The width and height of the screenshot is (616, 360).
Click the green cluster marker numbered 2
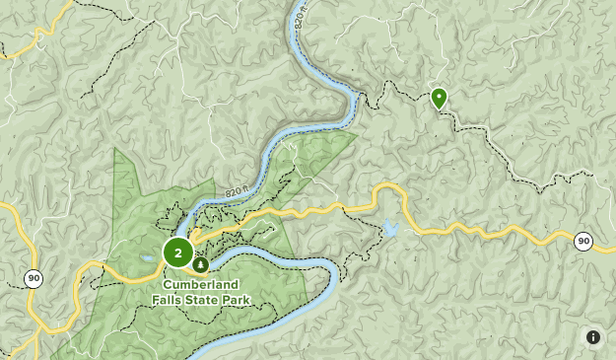(177, 252)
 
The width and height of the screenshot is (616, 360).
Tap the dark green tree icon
(201, 264)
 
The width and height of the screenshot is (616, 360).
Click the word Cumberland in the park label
(201, 285)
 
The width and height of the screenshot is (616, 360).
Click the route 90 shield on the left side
(34, 279)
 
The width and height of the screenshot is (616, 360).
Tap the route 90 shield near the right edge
(582, 241)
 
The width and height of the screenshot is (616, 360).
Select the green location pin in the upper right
(439, 98)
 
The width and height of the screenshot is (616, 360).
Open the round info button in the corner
(593, 337)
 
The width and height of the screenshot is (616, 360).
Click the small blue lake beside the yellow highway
(391, 229)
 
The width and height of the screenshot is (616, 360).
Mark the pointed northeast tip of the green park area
(356, 132)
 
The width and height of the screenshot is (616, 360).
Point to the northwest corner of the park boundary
(115, 149)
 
